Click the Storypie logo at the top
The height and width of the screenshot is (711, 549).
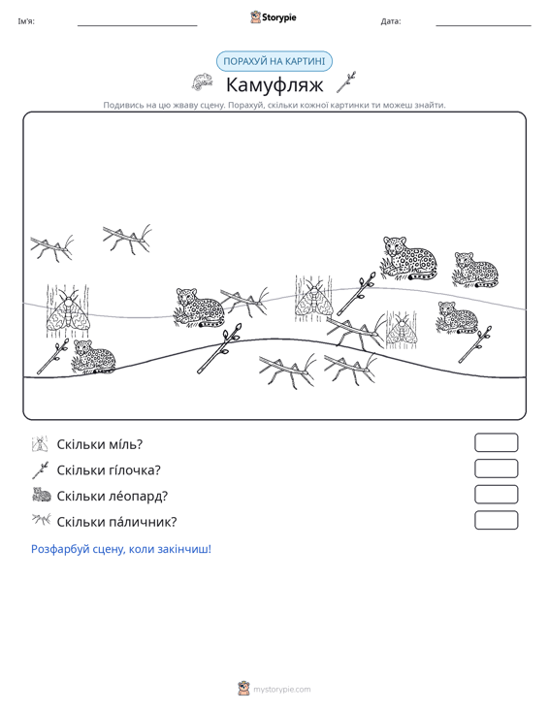point(274,17)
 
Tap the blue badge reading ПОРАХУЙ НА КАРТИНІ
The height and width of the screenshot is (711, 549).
point(274,61)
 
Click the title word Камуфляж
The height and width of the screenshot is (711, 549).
point(274,84)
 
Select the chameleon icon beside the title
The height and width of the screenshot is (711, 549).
point(202,81)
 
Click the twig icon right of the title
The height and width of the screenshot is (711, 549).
point(346,82)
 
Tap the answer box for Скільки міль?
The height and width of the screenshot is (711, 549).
point(496,442)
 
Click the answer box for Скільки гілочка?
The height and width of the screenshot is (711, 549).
point(496,469)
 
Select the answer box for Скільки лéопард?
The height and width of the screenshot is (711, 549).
point(496,495)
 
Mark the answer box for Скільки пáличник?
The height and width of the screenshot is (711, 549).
point(496,520)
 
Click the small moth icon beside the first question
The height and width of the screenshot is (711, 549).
point(40,444)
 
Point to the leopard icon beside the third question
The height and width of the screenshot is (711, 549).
point(42,495)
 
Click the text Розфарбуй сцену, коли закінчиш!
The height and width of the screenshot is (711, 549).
point(121,549)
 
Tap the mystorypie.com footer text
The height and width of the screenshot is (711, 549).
point(281,690)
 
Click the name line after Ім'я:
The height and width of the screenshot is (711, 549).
point(138,25)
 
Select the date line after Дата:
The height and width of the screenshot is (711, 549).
point(483,25)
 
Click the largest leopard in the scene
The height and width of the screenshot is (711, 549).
point(408,258)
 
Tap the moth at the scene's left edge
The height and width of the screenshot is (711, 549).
point(68,311)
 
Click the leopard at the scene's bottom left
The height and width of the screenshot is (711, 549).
point(94,356)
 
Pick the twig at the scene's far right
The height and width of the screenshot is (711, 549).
point(475,344)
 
